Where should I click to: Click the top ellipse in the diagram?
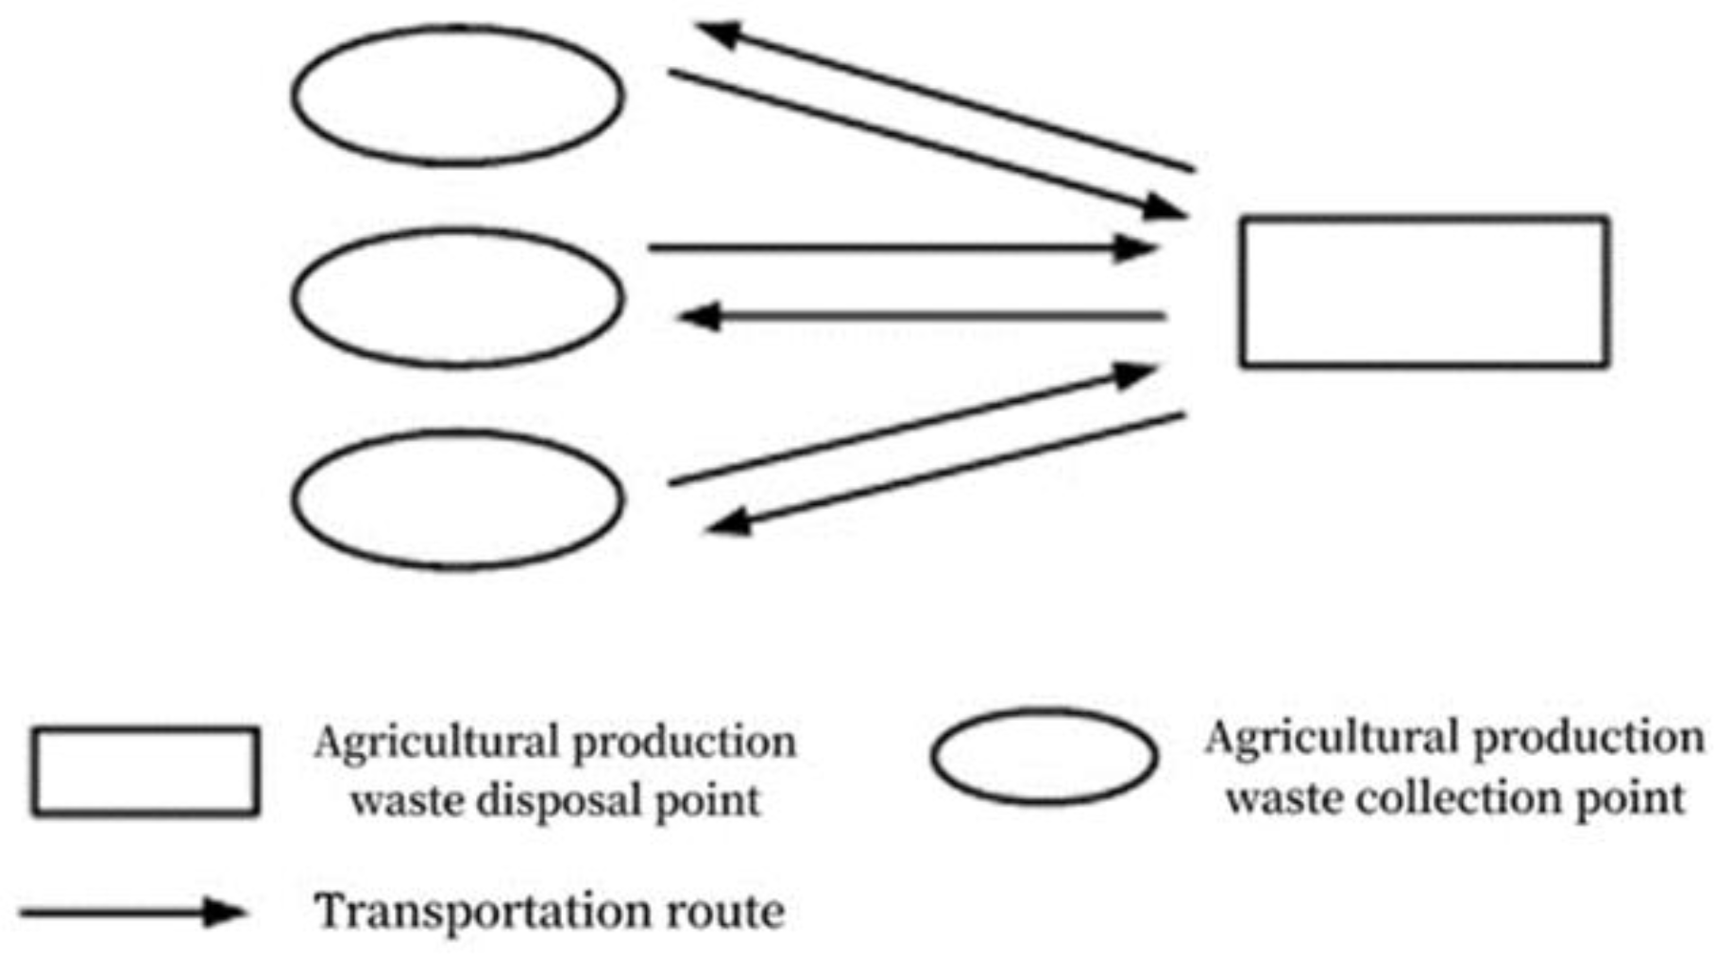point(458,95)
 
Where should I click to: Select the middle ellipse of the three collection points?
point(458,297)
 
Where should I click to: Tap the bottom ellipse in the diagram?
point(458,500)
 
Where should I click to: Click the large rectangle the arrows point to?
point(1424,292)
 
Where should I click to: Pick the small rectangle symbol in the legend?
point(145,771)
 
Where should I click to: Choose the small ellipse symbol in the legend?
point(1045,756)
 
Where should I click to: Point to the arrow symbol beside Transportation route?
point(132,913)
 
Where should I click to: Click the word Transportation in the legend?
point(482,912)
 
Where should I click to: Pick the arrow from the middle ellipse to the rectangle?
point(902,248)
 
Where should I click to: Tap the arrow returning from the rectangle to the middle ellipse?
point(921,316)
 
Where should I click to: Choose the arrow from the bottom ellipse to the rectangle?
point(911,425)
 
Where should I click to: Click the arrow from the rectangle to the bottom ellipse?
point(944,469)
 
